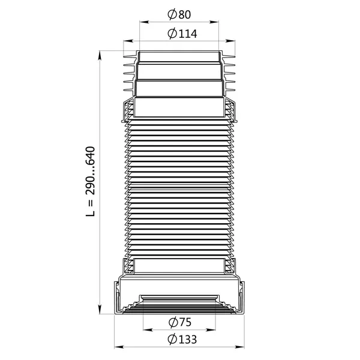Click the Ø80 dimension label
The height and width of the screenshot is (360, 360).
(179, 14)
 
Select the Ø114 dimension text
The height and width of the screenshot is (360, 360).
(182, 34)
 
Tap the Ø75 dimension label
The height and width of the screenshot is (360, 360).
(180, 322)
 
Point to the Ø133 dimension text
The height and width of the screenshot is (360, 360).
(182, 340)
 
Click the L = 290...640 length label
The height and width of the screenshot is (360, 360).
(90, 181)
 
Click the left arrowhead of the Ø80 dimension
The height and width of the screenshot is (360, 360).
(145, 22)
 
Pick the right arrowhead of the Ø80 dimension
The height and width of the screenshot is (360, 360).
(214, 22)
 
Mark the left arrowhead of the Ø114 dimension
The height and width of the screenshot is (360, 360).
(128, 41)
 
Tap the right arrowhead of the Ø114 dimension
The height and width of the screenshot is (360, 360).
(230, 41)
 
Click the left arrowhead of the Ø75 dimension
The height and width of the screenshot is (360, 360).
(148, 330)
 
